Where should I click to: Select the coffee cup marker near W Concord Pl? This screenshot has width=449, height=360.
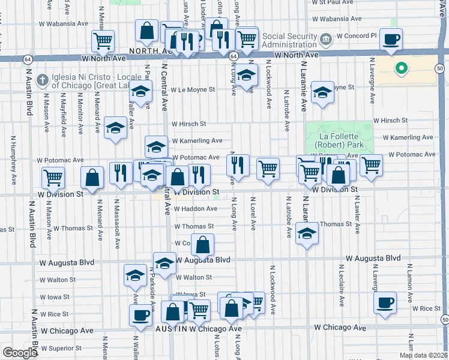(x=391, y=40)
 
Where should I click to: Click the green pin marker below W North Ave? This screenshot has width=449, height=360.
(x=401, y=68)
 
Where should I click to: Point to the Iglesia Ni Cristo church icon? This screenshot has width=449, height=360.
(x=42, y=80)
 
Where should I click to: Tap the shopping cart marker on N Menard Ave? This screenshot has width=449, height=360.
(x=103, y=41)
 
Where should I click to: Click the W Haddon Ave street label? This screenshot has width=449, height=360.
(x=195, y=209)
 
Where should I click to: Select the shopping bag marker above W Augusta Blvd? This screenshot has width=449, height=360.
(x=203, y=245)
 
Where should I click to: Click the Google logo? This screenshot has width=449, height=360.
(x=19, y=353)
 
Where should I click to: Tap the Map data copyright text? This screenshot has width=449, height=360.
(x=423, y=355)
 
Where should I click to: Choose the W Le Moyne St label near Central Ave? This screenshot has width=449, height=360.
(x=193, y=89)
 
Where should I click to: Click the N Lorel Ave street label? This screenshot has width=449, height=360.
(x=253, y=214)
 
